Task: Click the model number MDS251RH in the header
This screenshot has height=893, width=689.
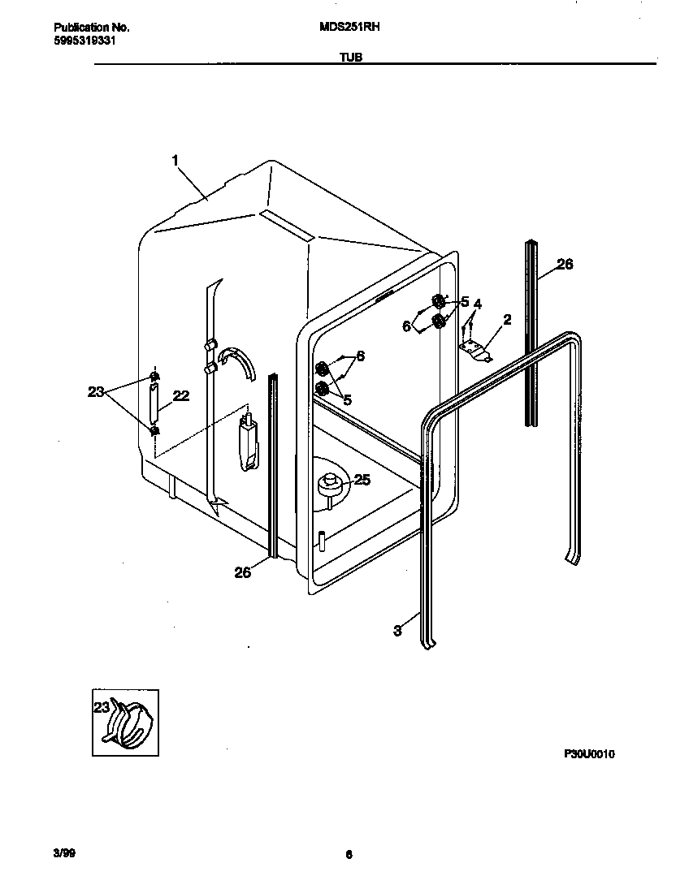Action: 351,27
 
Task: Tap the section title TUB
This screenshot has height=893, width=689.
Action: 351,58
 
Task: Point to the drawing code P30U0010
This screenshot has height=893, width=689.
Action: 589,754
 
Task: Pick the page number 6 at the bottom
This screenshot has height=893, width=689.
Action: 349,854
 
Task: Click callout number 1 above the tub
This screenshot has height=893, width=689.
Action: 175,161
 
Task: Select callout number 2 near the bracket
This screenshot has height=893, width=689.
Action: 507,320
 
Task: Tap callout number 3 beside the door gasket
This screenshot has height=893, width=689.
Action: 397,630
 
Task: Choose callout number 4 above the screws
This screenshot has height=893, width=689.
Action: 478,304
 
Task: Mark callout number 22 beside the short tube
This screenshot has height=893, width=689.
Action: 181,395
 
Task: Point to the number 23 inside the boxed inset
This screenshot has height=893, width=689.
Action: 102,707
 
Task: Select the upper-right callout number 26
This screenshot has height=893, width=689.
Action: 564,264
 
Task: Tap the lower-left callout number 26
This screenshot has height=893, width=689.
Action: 242,572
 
